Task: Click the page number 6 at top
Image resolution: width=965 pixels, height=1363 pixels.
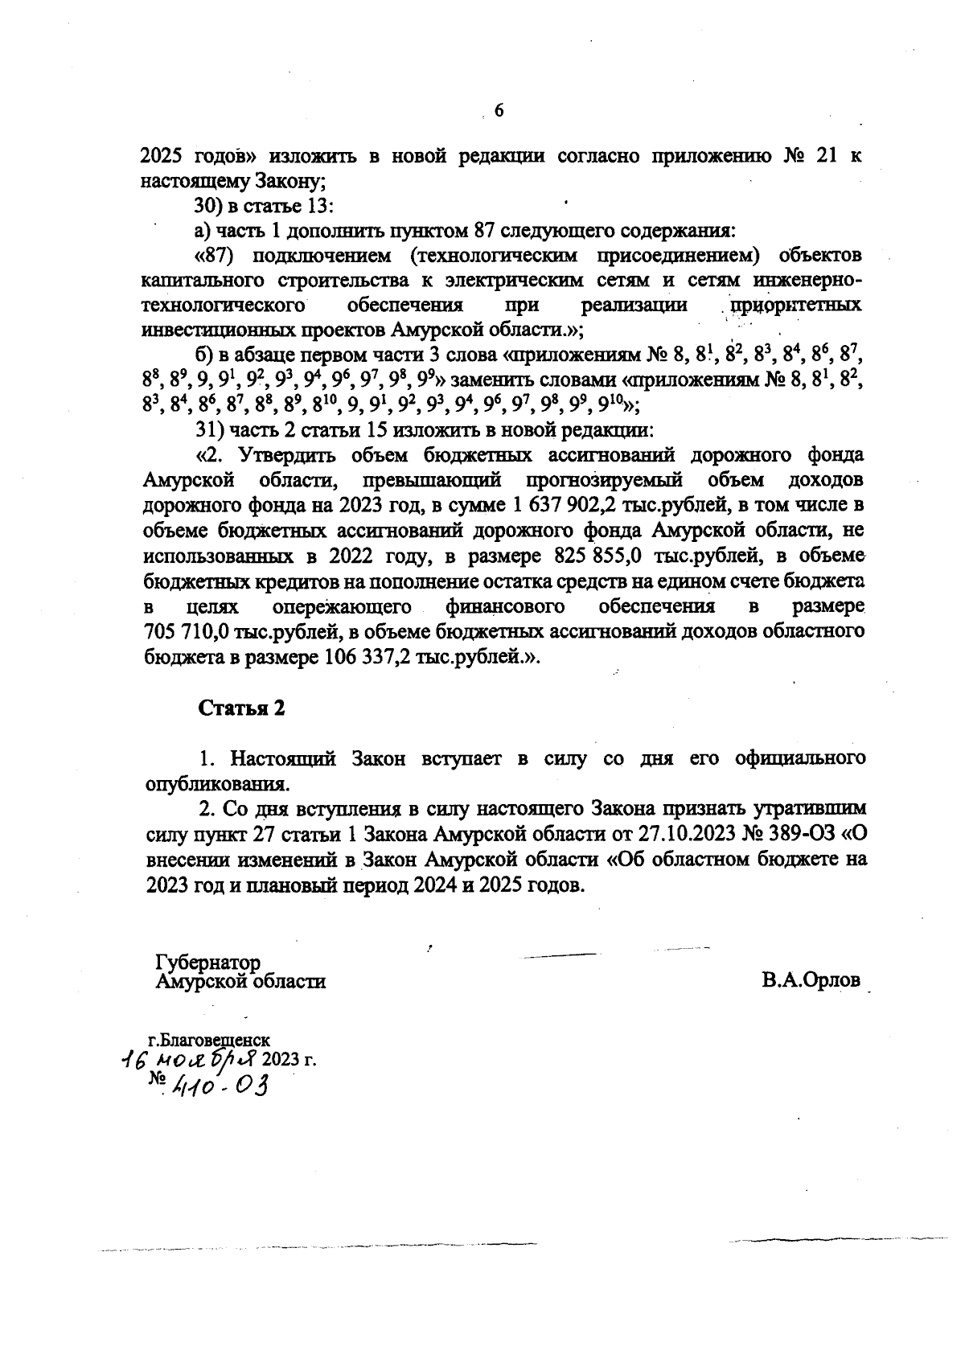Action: [x=498, y=110]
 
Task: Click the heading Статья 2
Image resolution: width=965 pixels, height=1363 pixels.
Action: [x=241, y=708]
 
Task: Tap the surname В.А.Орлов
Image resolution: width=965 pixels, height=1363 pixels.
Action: [x=810, y=980]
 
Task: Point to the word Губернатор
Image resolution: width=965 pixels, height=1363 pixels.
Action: [x=208, y=963]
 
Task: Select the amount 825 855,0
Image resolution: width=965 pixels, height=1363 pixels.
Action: [x=597, y=556]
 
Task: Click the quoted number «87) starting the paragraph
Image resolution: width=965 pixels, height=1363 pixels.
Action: [x=217, y=256]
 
